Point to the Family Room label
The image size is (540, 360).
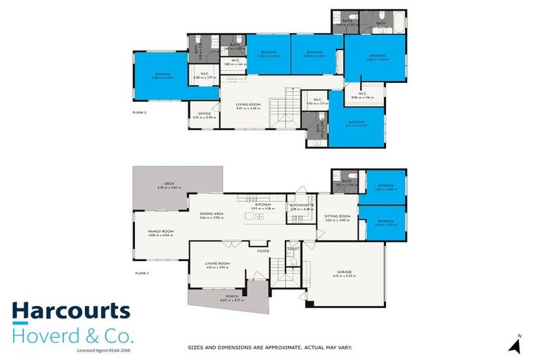click(160, 232)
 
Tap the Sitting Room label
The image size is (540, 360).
click(337, 217)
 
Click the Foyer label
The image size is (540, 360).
click(263, 250)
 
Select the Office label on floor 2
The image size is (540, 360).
click(205, 114)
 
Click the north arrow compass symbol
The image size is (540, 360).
click(517, 344)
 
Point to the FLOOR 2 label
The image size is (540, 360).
click(141, 112)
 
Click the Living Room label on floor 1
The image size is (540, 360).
click(218, 264)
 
